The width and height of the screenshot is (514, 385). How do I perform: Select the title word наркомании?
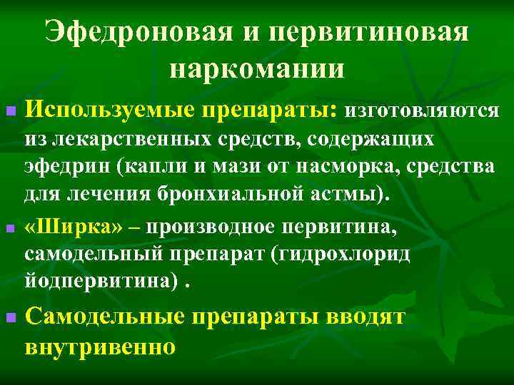257,70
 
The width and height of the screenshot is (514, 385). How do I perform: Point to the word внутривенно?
99,347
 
